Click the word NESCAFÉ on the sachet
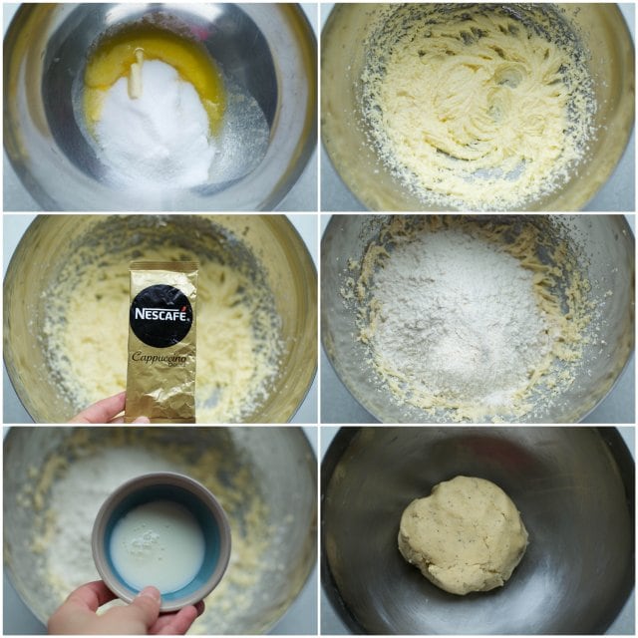coord(161,314)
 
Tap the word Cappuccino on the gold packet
coord(159,358)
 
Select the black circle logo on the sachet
coord(162,315)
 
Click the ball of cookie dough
coord(463,534)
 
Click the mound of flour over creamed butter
coord(456,321)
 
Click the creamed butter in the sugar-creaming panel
coord(477,106)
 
